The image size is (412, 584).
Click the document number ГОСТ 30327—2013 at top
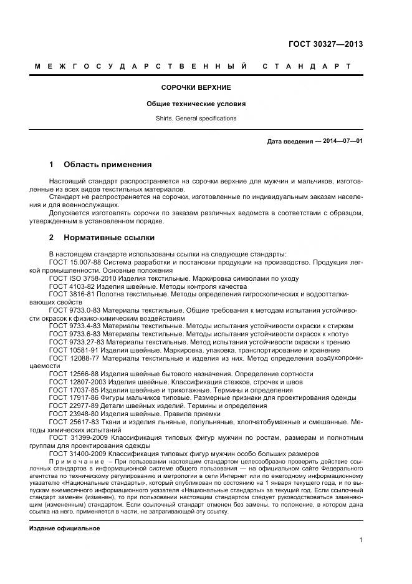(x=325, y=44)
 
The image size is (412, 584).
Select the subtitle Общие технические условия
(x=196, y=104)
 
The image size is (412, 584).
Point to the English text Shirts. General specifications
(x=196, y=119)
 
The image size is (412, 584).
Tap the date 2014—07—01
(x=341, y=141)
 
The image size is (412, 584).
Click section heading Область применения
(x=107, y=165)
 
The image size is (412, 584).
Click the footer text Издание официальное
(x=65, y=511)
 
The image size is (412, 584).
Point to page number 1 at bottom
(x=362, y=541)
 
